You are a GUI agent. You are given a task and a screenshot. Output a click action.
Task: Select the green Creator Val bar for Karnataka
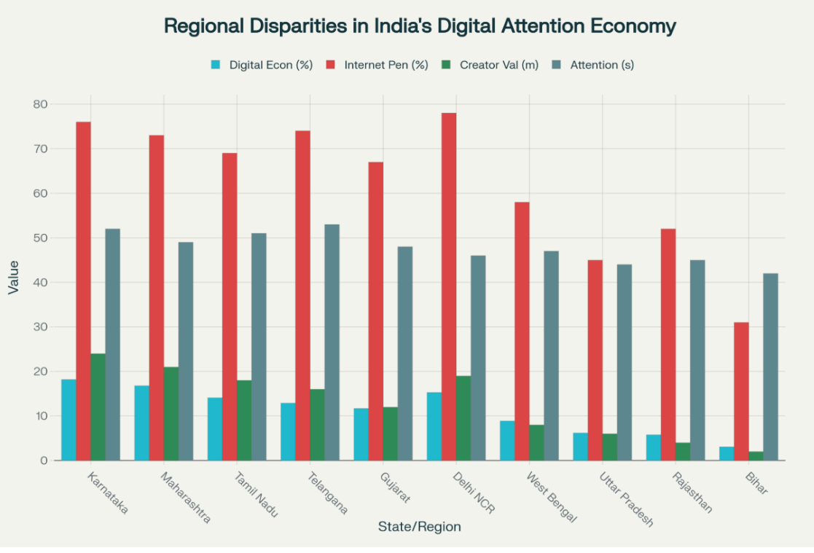pos(98,407)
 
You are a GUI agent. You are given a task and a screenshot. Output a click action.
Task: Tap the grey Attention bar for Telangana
pos(332,342)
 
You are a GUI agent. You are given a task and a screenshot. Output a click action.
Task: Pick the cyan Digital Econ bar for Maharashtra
pos(141,423)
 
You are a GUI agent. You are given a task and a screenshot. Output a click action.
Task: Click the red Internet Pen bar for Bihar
pos(741,391)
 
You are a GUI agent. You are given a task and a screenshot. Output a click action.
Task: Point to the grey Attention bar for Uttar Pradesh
pos(625,362)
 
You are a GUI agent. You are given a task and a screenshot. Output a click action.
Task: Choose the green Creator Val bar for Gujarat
pos(390,434)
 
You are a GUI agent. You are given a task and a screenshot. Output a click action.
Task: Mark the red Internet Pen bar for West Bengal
pos(522,331)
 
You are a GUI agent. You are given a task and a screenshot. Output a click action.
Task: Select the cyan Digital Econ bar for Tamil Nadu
pos(214,428)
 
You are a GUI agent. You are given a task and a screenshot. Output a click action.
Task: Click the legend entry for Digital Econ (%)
pos(262,65)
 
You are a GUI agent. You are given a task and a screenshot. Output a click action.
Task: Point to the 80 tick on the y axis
pos(40,104)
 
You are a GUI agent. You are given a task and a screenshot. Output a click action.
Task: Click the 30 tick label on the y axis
pos(40,327)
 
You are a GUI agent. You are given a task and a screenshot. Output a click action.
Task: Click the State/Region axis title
pos(419,526)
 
